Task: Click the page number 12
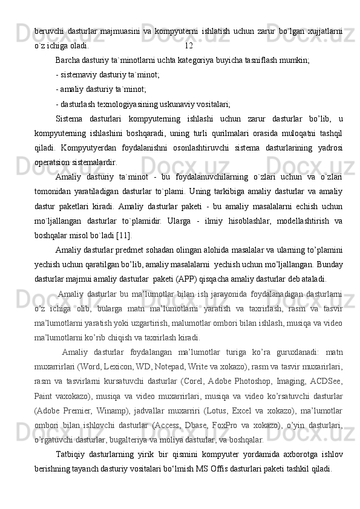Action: coord(189,45)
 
